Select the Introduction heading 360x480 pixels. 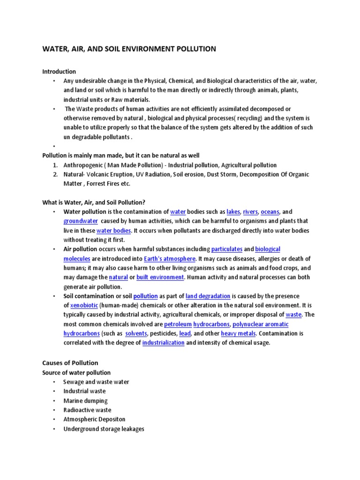pyautogui.click(x=59, y=72)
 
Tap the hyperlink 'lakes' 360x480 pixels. pyautogui.click(x=232, y=212)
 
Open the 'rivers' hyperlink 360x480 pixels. pyautogui.click(x=250, y=212)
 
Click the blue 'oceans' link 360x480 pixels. pyautogui.click(x=270, y=212)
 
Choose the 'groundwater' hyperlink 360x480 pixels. pyautogui.click(x=81, y=221)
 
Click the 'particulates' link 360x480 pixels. pyautogui.click(x=226, y=249)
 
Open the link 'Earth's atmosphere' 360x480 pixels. pyautogui.click(x=176, y=259)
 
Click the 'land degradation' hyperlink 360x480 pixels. pyautogui.click(x=208, y=296)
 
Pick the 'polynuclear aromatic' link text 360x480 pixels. pyautogui.click(x=260, y=324)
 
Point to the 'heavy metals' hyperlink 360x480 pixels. pyautogui.click(x=238, y=334)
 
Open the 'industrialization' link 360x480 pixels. pyautogui.click(x=163, y=343)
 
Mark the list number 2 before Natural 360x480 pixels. pyautogui.click(x=55, y=175)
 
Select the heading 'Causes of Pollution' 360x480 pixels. pyautogui.click(x=70, y=363)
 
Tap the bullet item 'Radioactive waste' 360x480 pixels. pyautogui.click(x=88, y=410)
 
